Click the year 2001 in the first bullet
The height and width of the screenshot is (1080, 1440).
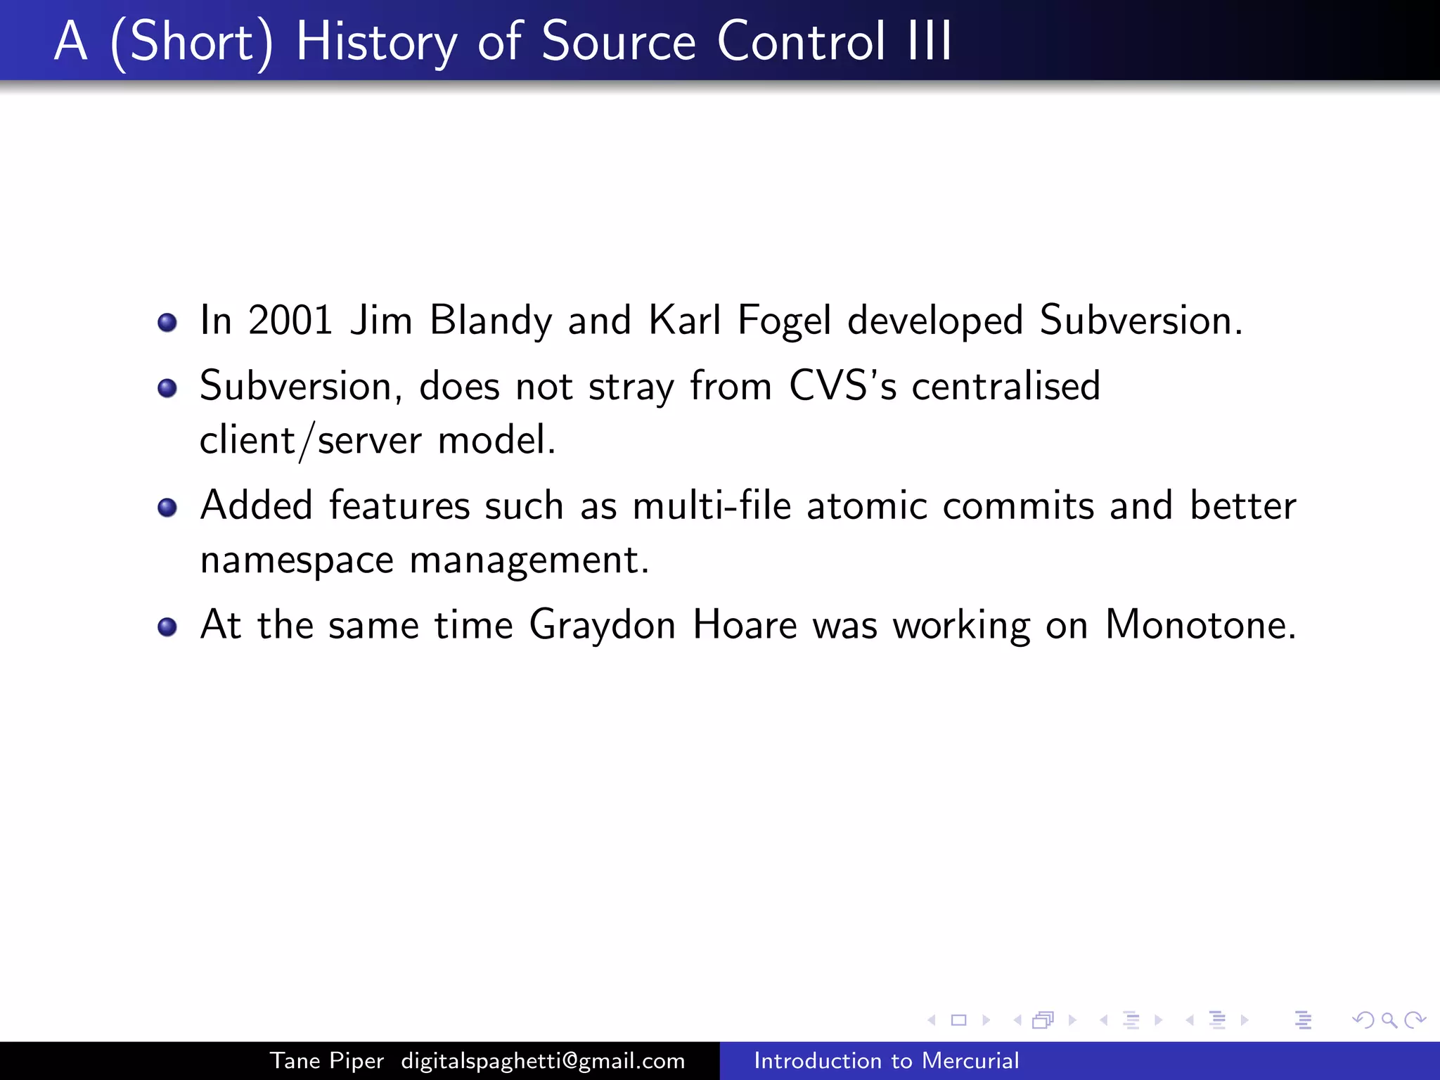pyautogui.click(x=290, y=321)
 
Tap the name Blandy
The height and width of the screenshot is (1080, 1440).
pyautogui.click(x=491, y=321)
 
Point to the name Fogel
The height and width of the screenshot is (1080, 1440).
pyautogui.click(x=784, y=321)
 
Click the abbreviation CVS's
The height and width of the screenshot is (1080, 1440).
pyautogui.click(x=842, y=386)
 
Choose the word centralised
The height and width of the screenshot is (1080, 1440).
pyautogui.click(x=1005, y=386)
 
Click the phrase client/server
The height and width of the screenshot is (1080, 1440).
pyautogui.click(x=310, y=441)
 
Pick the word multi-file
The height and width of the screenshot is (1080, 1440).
pyautogui.click(x=712, y=506)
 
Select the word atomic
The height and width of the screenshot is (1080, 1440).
pyautogui.click(x=867, y=506)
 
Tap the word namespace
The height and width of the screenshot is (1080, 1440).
pyautogui.click(x=296, y=560)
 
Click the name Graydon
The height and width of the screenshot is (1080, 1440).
pyautogui.click(x=602, y=625)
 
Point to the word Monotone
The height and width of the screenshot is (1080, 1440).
pyautogui.click(x=1200, y=625)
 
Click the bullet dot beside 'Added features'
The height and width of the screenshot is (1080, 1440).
pyautogui.click(x=167, y=507)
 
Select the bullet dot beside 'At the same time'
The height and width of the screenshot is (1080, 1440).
pyautogui.click(x=167, y=626)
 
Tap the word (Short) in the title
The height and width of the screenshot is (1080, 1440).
pyautogui.click(x=191, y=42)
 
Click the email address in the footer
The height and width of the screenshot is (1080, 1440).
pyautogui.click(x=543, y=1060)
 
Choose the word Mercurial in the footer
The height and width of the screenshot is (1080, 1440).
pyautogui.click(x=970, y=1060)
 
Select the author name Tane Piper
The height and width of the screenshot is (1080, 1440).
pyautogui.click(x=327, y=1060)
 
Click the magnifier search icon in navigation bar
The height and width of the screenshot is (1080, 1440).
pyautogui.click(x=1389, y=1020)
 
